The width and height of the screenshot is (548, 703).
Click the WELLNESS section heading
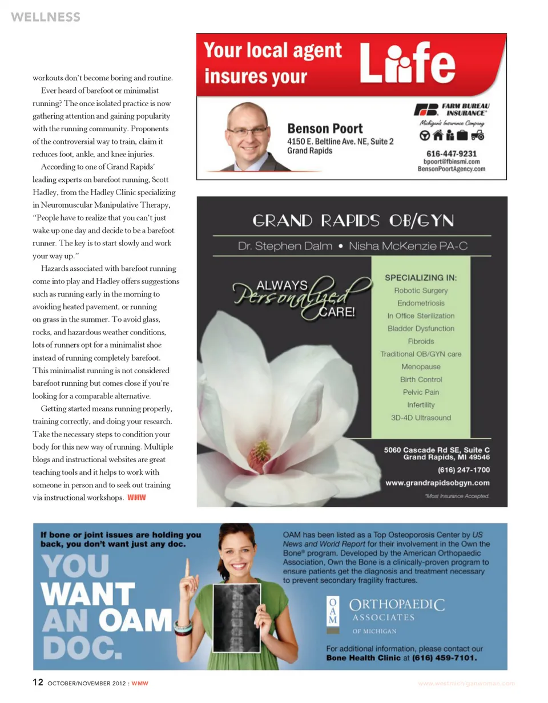45,17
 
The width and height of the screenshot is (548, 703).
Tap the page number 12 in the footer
38,682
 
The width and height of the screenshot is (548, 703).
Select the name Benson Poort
325,128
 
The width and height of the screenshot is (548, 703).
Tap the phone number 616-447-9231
452,153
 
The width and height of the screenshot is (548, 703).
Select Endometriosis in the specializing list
422,303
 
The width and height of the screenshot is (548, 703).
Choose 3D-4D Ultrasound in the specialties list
421,417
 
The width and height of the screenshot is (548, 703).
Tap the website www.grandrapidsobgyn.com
438,483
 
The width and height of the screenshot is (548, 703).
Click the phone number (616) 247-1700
463,470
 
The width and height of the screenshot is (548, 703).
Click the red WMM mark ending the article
137,497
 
